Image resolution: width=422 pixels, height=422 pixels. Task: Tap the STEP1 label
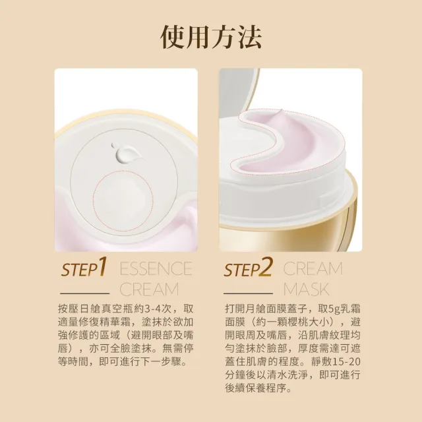(x=83, y=270)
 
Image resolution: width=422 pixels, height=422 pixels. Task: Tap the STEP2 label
(x=248, y=270)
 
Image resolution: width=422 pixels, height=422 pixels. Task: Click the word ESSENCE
(x=156, y=269)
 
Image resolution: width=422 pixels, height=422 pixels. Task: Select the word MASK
(x=305, y=289)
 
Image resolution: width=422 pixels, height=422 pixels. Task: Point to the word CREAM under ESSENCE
(x=149, y=289)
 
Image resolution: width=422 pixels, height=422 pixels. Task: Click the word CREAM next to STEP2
(x=313, y=269)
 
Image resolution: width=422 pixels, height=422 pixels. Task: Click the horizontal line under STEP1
(x=84, y=291)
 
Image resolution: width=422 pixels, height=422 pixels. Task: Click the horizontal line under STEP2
(x=248, y=291)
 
